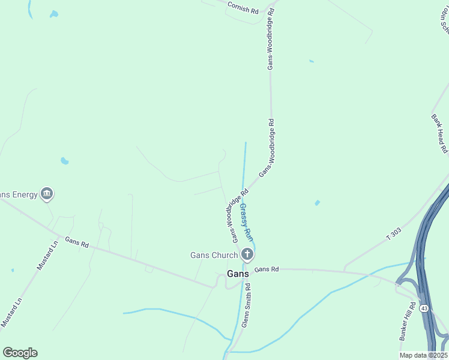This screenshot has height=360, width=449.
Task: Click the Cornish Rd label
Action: coord(243,7)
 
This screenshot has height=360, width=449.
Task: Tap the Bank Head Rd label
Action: coord(440,133)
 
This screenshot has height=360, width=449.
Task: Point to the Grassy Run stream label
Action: coord(246,222)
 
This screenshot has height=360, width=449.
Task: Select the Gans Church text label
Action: coord(214,255)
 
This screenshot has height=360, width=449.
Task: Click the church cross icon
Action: coord(247,255)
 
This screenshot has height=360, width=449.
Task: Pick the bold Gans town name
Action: coord(238,274)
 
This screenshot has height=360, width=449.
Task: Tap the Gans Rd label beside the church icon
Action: coord(267,270)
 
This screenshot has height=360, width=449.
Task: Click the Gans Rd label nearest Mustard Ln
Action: coord(77,242)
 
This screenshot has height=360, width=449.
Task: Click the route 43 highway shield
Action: coord(424,308)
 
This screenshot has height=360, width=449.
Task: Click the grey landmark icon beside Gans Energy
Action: coord(47,194)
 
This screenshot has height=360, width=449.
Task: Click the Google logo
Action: coord(20,353)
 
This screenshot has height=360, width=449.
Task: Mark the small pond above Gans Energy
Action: coord(64,161)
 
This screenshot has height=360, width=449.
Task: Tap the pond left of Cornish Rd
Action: coord(54,14)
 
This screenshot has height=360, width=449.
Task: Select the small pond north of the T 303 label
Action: coord(317,203)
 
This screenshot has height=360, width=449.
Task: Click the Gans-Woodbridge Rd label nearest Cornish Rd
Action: coord(271,39)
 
